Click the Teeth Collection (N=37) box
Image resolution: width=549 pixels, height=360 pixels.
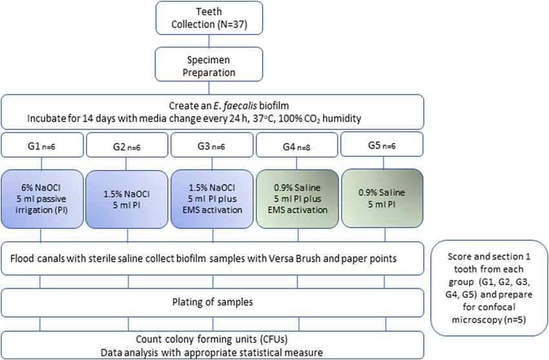pos(209,18)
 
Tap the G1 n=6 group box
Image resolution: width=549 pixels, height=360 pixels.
pos(42,145)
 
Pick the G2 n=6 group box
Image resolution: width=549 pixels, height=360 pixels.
pos(127,145)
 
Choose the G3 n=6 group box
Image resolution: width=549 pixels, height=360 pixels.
pos(212,145)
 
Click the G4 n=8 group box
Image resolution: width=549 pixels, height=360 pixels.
pos(297,145)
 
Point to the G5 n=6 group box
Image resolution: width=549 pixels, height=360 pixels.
pos(382,144)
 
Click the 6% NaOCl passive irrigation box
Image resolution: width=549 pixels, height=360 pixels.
pos(42,199)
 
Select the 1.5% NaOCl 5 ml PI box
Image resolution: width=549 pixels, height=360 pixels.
pos(127,199)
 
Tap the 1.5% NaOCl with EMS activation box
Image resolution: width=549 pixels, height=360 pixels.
pos(212,199)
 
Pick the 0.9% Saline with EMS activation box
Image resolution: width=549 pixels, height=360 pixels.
pos(297,199)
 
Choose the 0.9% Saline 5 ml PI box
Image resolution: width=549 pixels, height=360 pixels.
pos(382,198)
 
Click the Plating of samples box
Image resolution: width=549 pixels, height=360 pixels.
pos(212,302)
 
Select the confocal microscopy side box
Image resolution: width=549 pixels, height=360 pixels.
pos(489,288)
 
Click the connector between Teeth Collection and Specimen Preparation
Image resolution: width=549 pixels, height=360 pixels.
pos(209,41)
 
